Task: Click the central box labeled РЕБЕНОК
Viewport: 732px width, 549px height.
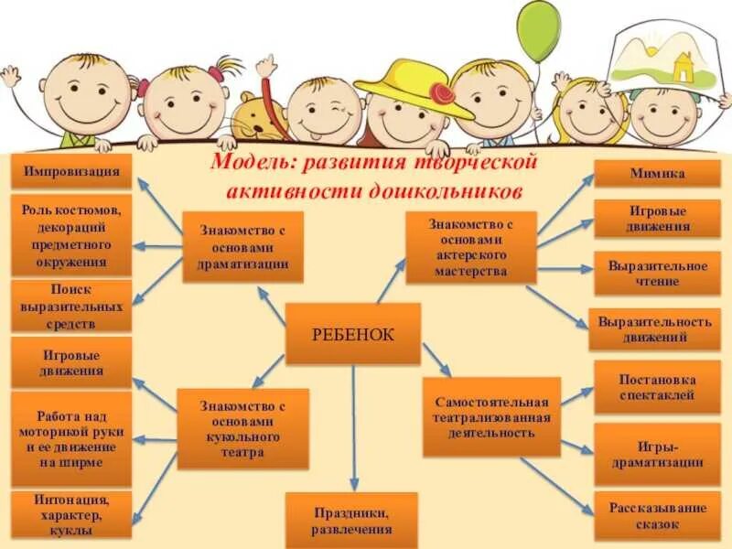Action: coord(352,334)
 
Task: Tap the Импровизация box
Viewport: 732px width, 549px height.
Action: coord(71,171)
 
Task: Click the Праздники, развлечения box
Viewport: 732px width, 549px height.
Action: coord(351,521)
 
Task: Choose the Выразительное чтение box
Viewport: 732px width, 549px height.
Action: coord(656,273)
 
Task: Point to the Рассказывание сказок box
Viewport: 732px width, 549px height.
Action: coord(657,516)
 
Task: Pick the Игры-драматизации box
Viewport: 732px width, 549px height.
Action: coord(657,454)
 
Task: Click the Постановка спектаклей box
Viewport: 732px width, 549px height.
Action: coord(657,387)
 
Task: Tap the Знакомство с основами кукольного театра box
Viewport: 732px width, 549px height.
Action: coord(242,428)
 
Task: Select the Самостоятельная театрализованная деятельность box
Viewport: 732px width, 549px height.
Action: coord(491,417)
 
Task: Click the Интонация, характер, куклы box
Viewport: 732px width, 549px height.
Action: coord(70,514)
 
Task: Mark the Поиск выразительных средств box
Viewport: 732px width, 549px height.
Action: coord(70,306)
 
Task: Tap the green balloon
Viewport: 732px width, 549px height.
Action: coord(537,31)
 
